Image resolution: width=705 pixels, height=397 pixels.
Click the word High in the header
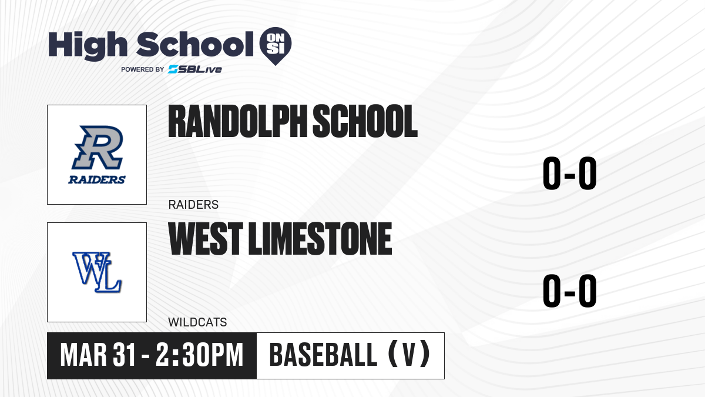(88, 45)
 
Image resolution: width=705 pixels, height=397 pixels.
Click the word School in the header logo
(195, 44)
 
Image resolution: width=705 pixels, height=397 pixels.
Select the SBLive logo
(195, 69)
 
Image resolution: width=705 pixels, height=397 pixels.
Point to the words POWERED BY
(143, 69)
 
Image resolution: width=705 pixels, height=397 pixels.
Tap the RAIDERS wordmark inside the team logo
(97, 179)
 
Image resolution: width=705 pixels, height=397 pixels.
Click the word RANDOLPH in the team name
(237, 121)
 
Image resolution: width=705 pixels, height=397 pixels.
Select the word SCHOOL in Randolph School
(365, 121)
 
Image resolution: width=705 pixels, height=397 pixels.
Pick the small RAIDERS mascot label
(193, 205)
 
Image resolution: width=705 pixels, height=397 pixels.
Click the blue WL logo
(97, 272)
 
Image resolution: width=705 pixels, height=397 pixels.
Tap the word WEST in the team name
(206, 238)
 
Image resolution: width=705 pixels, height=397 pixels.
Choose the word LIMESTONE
(320, 238)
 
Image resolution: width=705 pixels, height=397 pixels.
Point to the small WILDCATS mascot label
(197, 322)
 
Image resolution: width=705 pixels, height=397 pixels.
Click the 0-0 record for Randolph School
(570, 174)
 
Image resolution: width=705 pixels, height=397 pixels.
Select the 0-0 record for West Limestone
(570, 291)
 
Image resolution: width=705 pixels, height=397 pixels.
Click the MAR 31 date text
(98, 355)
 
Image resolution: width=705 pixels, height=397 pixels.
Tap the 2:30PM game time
(200, 355)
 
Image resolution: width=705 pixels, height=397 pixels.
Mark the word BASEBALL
(323, 355)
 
